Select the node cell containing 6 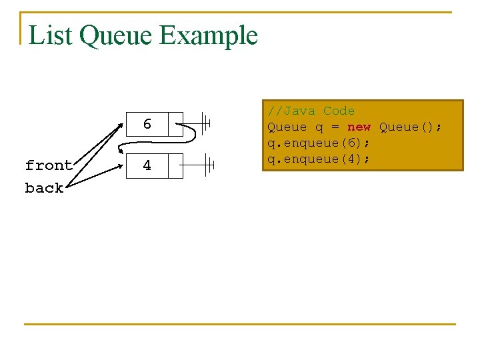[147, 125]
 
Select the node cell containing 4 [147, 165]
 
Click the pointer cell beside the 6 [175, 125]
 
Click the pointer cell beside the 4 [175, 165]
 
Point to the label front [48, 165]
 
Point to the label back [44, 188]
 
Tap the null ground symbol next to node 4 [209, 163]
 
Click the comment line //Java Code [311, 111]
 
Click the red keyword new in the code [359, 127]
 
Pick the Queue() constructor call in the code [409, 127]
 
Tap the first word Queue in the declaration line [287, 127]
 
